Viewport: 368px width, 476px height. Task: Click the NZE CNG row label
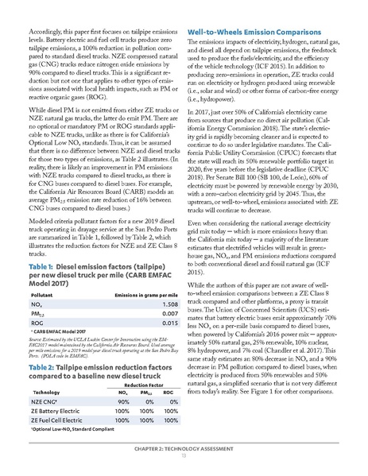click(x=48, y=402)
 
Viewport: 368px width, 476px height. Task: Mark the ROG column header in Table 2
click(x=166, y=392)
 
